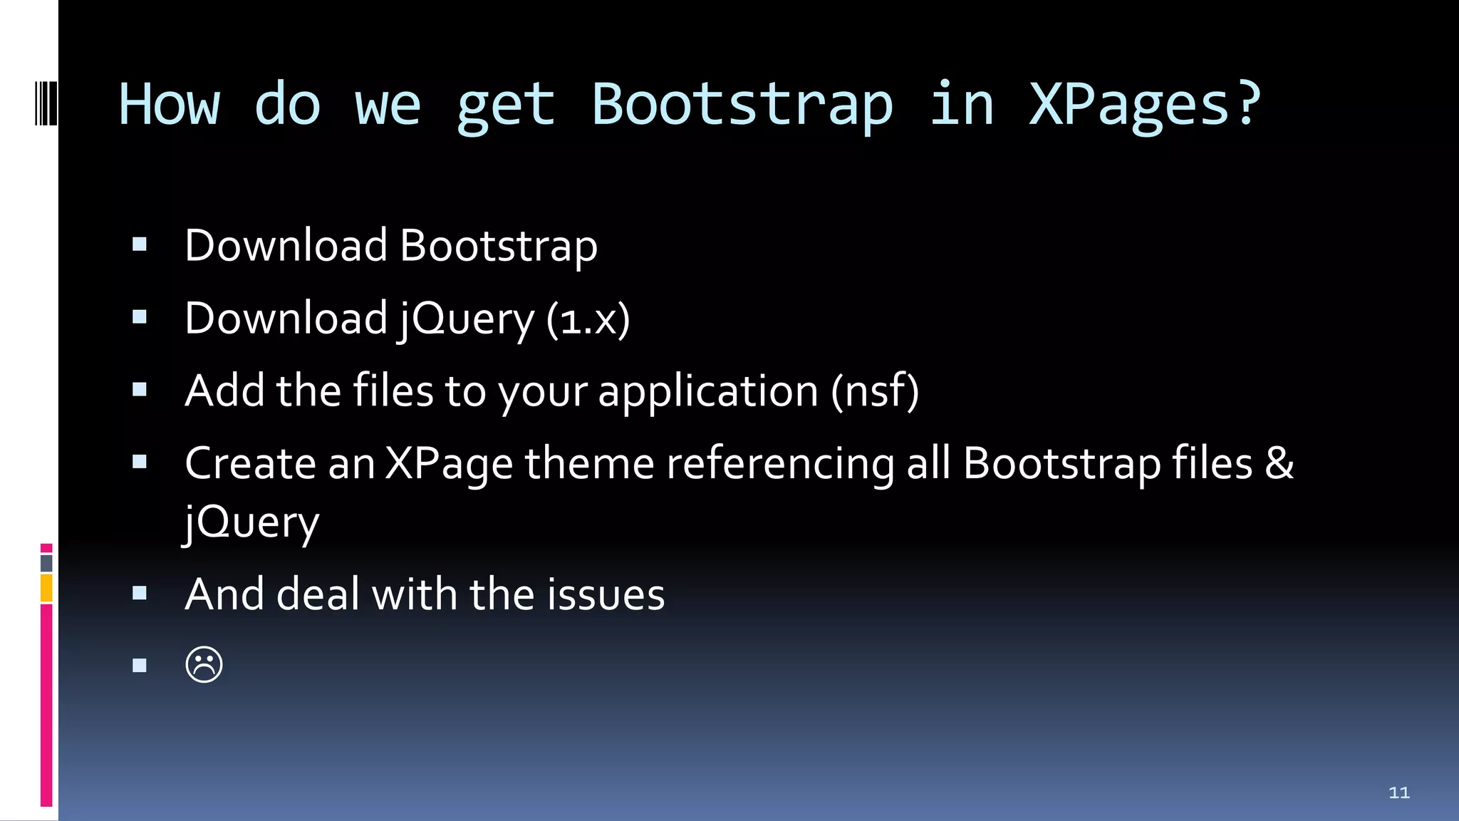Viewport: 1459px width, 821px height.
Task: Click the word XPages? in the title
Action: tap(1145, 105)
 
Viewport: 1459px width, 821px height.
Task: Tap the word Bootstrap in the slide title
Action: tap(742, 105)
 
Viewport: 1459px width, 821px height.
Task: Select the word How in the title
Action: tap(170, 105)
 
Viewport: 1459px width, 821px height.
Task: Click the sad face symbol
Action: tap(204, 665)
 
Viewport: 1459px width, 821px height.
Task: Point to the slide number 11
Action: tap(1399, 792)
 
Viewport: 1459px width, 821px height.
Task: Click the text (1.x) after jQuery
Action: tap(588, 319)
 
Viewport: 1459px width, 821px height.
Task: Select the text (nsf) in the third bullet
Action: tap(875, 391)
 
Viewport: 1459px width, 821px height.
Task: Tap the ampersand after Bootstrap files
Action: tap(1279, 463)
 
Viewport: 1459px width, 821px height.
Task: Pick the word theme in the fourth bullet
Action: tap(589, 463)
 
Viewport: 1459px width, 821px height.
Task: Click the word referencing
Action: tap(780, 465)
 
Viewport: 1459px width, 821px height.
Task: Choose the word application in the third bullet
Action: tap(708, 392)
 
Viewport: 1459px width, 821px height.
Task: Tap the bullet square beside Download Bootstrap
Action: tap(140, 245)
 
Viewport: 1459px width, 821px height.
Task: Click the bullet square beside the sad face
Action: tap(140, 666)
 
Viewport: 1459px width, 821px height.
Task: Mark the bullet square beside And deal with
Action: tap(140, 593)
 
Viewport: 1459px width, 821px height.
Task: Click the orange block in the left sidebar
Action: tap(46, 589)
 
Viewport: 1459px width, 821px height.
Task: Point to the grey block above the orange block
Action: tap(46, 563)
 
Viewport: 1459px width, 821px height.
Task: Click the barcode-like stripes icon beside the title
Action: tap(46, 104)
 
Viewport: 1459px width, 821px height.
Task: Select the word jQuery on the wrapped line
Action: tap(251, 523)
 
